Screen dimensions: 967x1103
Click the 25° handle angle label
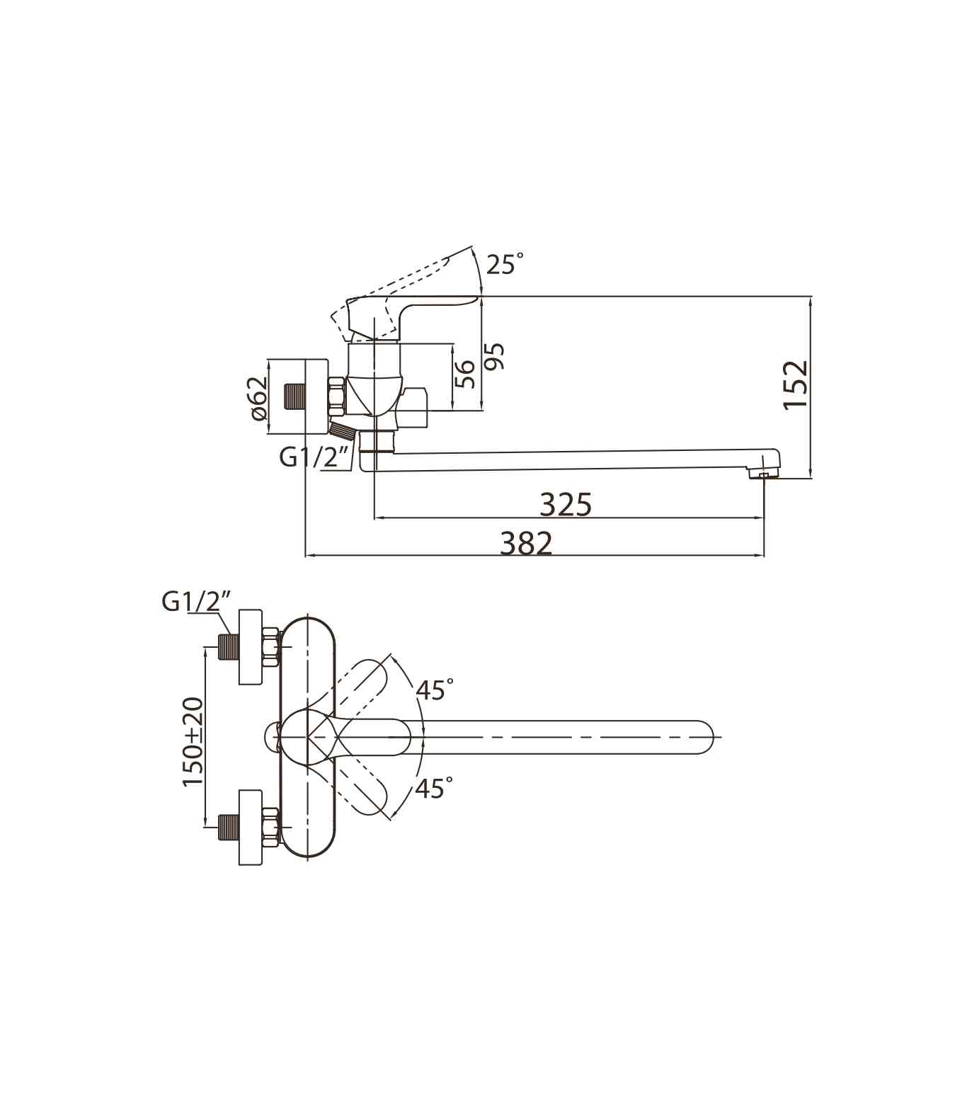coord(504,264)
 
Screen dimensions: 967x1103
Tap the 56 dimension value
coord(464,374)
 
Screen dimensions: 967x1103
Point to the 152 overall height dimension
coord(796,384)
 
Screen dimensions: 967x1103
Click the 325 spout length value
coord(566,505)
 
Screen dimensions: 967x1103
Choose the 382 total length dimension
coord(526,544)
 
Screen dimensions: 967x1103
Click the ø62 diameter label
coord(260,398)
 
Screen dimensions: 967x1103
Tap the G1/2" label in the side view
coord(316,457)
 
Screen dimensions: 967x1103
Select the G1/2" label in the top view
coord(197,601)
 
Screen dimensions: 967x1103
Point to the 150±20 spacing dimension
coord(193,741)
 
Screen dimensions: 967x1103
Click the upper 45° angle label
coord(435,689)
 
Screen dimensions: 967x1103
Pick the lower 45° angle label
coord(434,788)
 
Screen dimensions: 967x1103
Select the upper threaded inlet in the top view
coord(227,647)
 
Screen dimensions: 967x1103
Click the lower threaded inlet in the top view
coord(227,828)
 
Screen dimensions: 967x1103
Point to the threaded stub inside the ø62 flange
coord(293,396)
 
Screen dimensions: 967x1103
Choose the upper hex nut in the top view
coord(270,647)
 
